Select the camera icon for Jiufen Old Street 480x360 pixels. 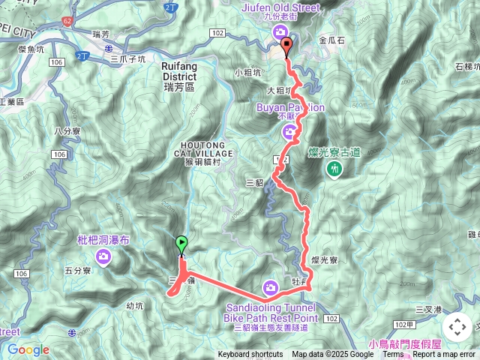coord(280,31)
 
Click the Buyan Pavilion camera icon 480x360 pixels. coord(289,133)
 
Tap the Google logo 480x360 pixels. coord(28,349)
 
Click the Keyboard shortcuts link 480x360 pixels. coord(250,355)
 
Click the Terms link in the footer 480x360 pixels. coord(393,355)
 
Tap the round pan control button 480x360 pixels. coord(457,327)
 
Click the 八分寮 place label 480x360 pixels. coord(67,131)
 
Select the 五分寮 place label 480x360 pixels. coord(77,271)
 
